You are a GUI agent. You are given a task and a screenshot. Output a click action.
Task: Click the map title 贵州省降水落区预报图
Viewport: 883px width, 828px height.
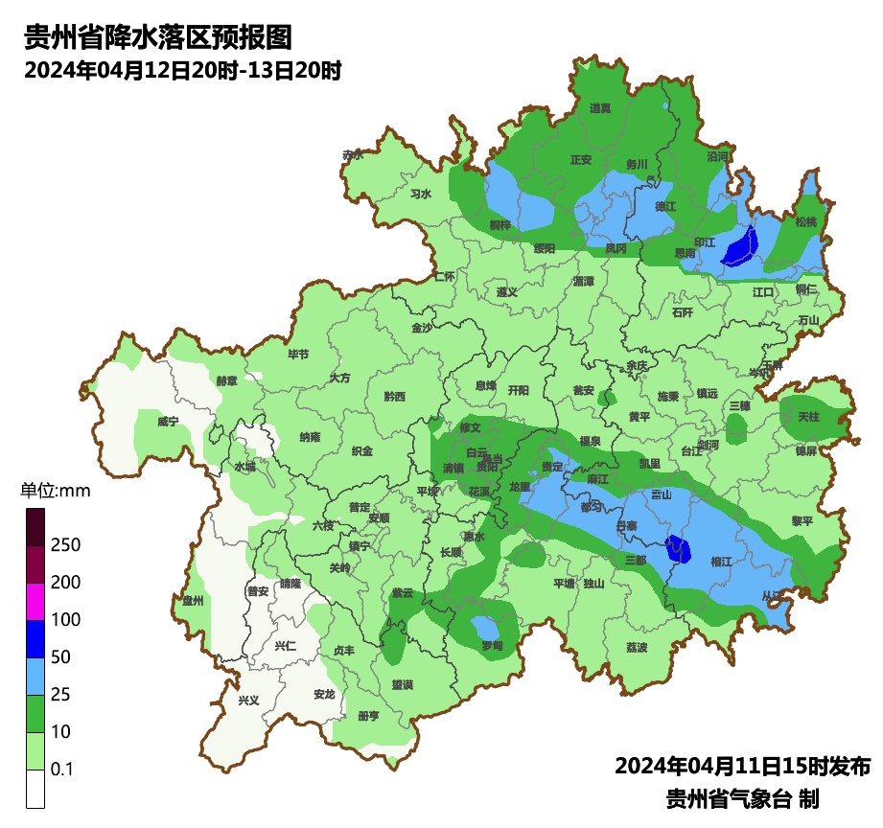point(157,38)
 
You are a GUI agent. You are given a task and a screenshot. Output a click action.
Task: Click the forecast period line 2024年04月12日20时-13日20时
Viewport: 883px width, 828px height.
point(183,70)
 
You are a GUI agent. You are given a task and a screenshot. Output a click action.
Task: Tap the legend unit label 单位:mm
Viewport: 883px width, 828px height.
point(56,492)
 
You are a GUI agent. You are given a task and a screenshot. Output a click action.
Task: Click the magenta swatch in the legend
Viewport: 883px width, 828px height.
point(35,601)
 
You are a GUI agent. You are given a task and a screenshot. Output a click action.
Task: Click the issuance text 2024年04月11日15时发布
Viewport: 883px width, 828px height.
point(742,767)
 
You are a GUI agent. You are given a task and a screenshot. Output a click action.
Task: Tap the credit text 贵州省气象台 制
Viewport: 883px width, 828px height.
point(742,798)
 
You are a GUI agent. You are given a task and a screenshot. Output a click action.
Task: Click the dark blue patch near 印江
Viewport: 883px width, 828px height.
point(739,248)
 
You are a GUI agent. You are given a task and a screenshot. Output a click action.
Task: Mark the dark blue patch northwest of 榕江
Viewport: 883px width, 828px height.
point(678,548)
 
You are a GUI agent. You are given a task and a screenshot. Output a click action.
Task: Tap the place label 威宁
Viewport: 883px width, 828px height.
point(168,422)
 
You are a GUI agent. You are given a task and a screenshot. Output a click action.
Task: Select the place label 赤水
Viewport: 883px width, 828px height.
point(353,154)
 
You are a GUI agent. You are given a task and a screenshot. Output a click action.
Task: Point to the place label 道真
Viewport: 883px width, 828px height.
point(600,108)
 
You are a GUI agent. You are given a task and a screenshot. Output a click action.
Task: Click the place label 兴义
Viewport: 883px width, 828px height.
point(248,701)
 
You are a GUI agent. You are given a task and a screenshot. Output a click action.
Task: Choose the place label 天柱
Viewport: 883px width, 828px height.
point(808,417)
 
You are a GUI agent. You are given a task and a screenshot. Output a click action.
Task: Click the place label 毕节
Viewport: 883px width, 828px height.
point(298,354)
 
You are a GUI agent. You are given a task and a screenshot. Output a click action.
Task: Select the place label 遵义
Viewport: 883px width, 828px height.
point(507,291)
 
